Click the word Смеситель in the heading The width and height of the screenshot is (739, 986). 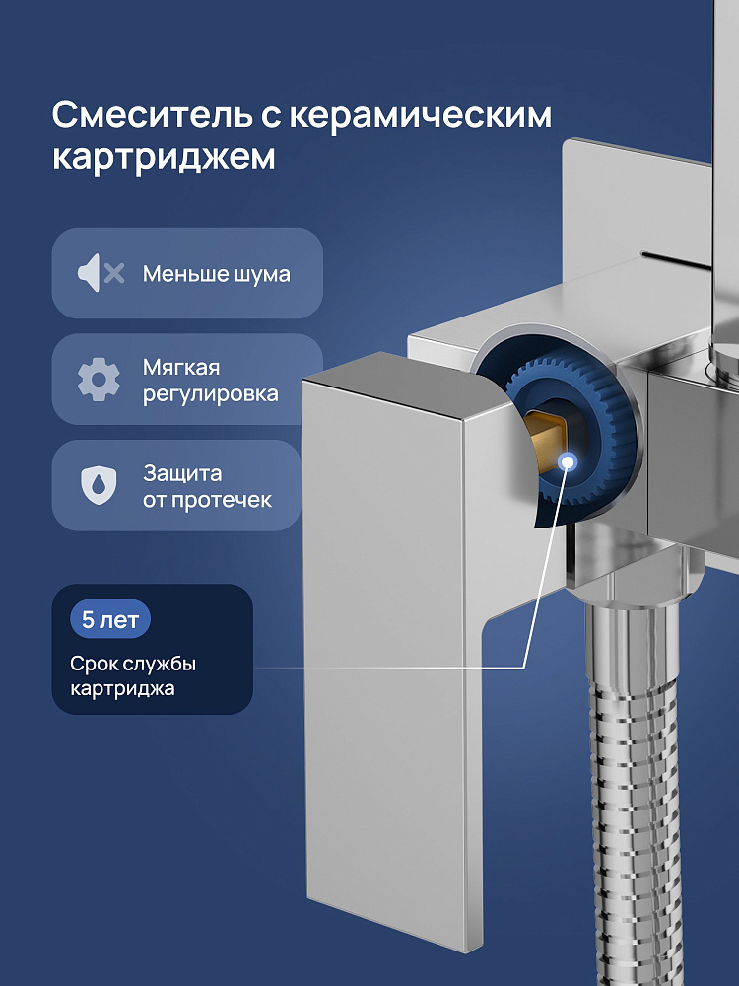(152, 115)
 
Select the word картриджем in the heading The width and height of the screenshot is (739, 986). (164, 157)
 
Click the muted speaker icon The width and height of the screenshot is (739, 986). (101, 273)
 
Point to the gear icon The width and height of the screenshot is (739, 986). (99, 380)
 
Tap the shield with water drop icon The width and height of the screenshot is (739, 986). (99, 485)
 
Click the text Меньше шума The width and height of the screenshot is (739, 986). (216, 274)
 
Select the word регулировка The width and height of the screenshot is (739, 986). (210, 393)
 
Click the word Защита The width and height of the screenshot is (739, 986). (182, 473)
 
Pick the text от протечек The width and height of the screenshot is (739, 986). (207, 501)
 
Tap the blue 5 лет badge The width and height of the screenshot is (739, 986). (110, 620)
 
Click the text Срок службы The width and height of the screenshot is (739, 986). (133, 664)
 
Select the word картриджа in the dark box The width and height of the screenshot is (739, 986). (122, 688)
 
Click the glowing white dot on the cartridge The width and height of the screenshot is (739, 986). (569, 462)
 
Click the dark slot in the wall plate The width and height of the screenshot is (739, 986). (676, 256)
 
